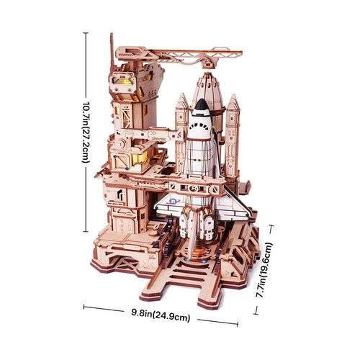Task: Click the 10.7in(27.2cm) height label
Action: click(x=86, y=132)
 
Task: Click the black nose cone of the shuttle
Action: click(x=201, y=106)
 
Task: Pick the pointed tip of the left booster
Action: click(x=181, y=94)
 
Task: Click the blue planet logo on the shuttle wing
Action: click(x=175, y=201)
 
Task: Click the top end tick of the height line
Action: click(x=85, y=33)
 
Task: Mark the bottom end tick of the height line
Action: click(x=86, y=231)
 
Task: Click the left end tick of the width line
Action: click(x=84, y=307)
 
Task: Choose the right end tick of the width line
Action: click(x=238, y=324)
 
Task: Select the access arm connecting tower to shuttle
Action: click(x=150, y=135)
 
